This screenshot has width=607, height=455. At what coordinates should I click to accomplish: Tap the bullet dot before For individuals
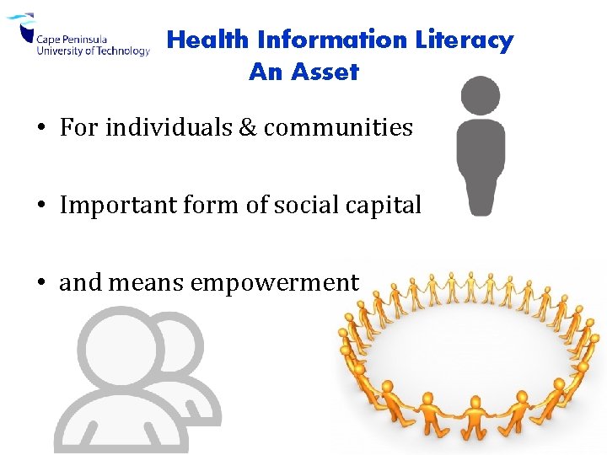pos(40,128)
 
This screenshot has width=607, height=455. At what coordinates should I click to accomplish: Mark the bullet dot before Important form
pos(40,206)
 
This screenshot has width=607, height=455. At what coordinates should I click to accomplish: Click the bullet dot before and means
pos(40,283)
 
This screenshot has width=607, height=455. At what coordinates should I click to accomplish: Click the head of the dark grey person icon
pos(481,95)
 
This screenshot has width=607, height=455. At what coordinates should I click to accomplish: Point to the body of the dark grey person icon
pos(481,164)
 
